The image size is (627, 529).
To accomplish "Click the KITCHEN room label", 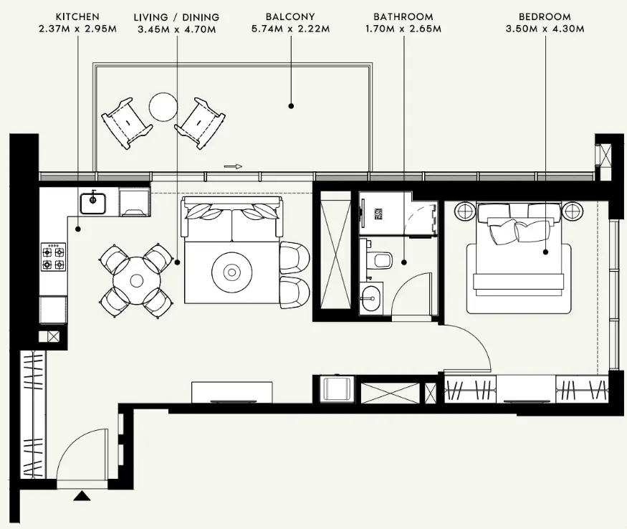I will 77,16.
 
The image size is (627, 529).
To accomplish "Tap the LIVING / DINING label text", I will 176,16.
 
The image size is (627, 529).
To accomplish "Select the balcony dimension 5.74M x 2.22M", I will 292,29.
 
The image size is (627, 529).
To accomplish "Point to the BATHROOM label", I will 403,16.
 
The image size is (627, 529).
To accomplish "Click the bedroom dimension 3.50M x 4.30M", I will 545,29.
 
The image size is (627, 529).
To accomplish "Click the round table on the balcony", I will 163,108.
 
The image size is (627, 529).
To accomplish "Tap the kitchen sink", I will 93,203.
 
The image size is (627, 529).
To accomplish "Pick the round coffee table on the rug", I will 231,272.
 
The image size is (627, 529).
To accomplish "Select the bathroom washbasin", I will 371,297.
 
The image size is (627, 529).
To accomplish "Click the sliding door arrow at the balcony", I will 233,166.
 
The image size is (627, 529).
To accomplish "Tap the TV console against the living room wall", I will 231,392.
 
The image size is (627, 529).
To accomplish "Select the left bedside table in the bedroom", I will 464,211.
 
